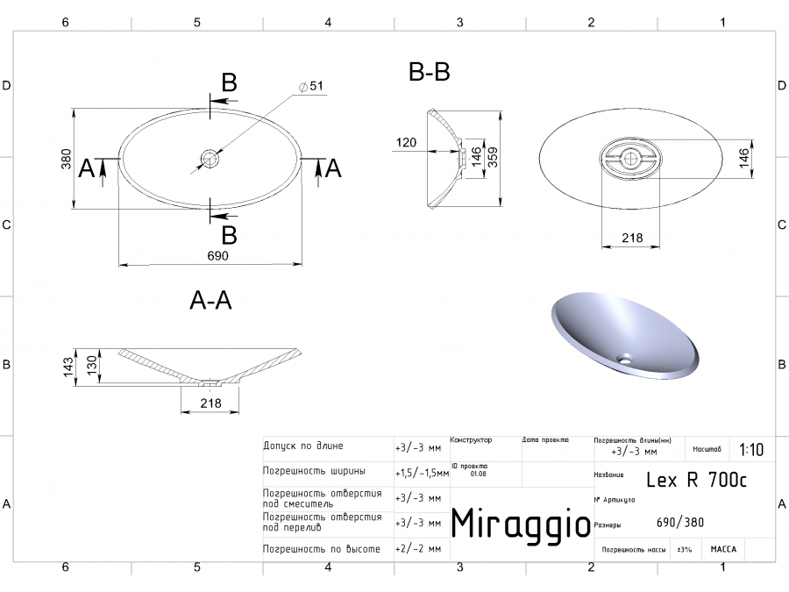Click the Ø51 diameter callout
311,85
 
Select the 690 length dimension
217,255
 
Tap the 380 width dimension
66,158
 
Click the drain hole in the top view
210,159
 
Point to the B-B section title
430,73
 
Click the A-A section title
210,301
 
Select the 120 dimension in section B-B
406,142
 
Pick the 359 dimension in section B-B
494,158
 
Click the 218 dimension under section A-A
210,403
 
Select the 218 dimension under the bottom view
631,238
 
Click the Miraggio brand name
520,523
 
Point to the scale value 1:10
750,450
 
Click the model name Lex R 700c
696,479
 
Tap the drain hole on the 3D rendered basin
626,358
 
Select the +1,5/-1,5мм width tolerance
422,472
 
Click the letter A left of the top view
86,168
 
